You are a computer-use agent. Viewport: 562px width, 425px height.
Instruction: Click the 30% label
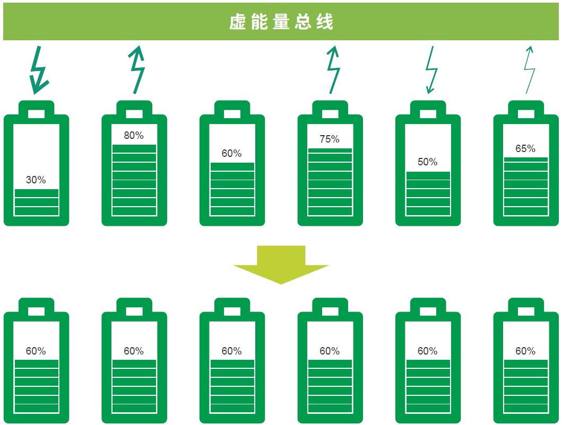coord(36,180)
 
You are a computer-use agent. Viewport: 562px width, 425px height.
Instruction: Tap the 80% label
coord(134,135)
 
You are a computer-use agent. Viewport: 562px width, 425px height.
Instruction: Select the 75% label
coord(330,139)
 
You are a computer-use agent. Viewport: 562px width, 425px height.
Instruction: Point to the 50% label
coord(428,162)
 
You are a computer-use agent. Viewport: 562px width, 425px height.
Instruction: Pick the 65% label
coord(525,148)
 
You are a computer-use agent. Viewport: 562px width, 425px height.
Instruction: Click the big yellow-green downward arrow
coord(281,264)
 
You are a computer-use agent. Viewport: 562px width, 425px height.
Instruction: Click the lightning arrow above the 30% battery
coord(39,70)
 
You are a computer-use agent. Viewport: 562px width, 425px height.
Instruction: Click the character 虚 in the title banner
coord(237,22)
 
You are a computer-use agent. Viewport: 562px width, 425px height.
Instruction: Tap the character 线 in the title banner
coord(325,22)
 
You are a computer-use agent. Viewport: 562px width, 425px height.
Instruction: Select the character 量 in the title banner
coord(281,22)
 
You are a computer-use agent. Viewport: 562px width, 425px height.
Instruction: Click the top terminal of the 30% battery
coord(36,108)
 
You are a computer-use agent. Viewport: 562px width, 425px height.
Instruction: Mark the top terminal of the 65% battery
coord(526,108)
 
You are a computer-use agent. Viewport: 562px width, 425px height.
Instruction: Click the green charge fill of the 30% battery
coord(37,202)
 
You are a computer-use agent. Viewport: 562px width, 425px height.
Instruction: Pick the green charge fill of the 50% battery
coord(428,194)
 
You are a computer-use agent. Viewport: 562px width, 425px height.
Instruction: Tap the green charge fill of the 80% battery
coord(134,180)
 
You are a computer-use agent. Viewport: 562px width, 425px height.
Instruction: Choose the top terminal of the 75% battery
coord(330,108)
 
